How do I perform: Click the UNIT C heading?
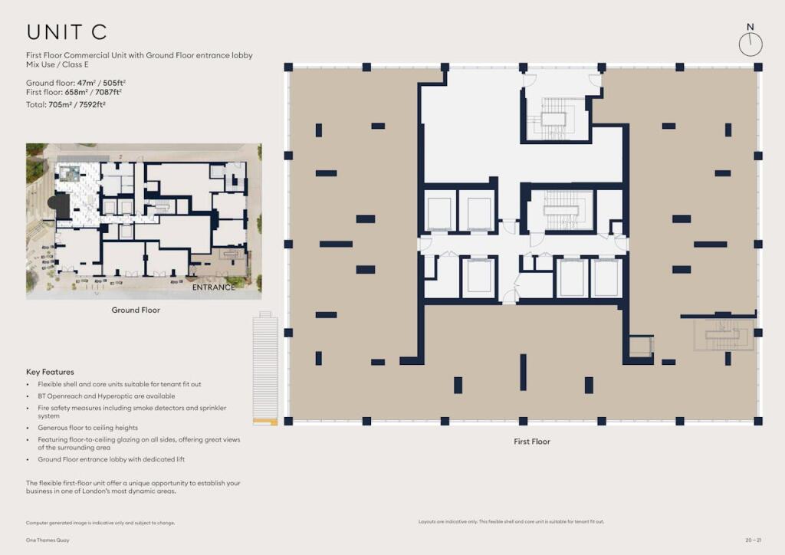pyautogui.click(x=67, y=32)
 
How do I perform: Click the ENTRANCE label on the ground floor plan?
pyautogui.click(x=213, y=287)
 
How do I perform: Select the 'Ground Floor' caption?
pyautogui.click(x=136, y=310)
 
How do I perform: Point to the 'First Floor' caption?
pyautogui.click(x=531, y=442)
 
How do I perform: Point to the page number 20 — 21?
pyautogui.click(x=754, y=542)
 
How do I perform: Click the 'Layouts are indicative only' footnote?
pyautogui.click(x=511, y=521)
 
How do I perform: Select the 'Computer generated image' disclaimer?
pyautogui.click(x=100, y=522)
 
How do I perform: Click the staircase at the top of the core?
pyautogui.click(x=554, y=117)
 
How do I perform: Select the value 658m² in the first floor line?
pyautogui.click(x=73, y=92)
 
